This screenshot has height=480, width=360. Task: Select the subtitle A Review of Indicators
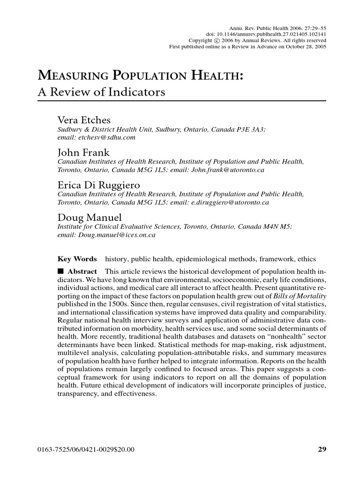point(101,92)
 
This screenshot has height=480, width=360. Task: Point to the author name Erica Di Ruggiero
point(98,186)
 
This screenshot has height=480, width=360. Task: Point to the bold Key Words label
point(77,259)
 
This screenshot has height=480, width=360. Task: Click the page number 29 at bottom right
point(322,450)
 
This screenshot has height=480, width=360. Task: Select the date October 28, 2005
point(303,46)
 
